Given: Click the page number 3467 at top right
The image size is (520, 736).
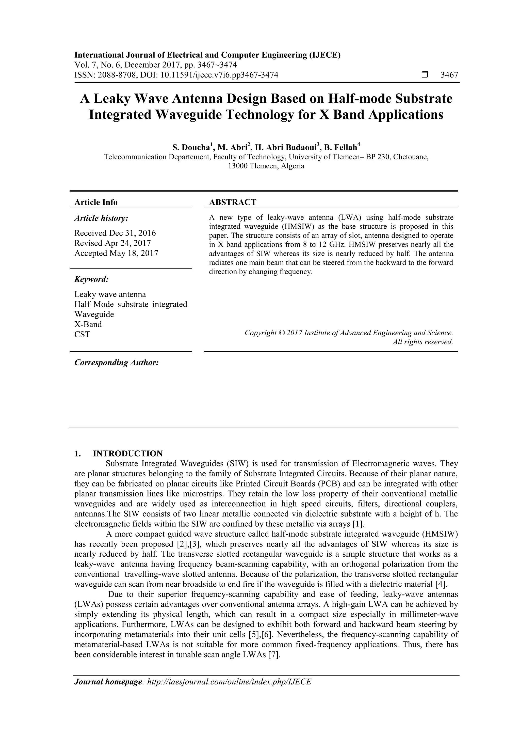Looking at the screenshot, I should (449, 75).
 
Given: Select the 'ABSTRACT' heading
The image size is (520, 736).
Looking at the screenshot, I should (233, 202).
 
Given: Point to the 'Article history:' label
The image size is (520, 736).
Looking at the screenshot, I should (101, 218).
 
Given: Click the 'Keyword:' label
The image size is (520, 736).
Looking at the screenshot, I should (92, 279).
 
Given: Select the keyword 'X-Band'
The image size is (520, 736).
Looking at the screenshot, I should (88, 324).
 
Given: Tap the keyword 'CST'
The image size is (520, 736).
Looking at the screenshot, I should (82, 335).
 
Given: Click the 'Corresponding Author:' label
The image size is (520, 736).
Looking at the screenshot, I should (117, 363).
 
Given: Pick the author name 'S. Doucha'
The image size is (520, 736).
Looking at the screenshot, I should (191, 148).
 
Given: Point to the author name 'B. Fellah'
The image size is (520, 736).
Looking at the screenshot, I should (340, 148).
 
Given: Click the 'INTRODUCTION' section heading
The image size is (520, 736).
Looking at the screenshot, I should (127, 453).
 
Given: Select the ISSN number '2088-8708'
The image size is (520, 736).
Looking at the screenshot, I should (114, 75).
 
